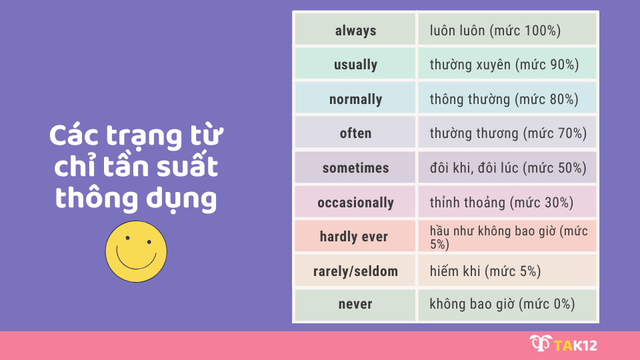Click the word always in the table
point(355,31)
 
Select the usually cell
point(355,65)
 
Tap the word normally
point(355,99)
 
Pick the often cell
point(355,133)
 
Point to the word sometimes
point(355,168)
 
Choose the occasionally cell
point(355,203)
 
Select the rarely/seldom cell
point(355,271)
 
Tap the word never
point(355,305)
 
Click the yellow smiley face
point(136,251)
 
